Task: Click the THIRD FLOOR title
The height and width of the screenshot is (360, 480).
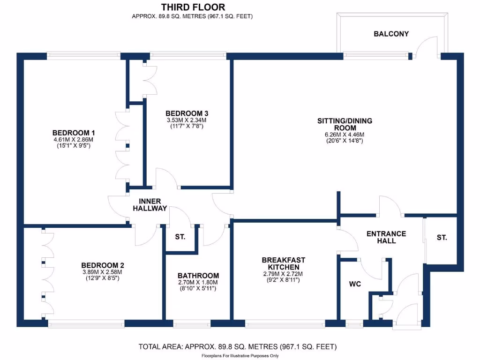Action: coord(193,7)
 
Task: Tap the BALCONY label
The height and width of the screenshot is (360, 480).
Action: coord(391,34)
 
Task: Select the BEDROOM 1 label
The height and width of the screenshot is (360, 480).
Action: coord(74,133)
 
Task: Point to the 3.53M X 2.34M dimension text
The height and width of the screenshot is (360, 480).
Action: coord(187,120)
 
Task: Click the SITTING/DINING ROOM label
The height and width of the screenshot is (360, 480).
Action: coord(345,124)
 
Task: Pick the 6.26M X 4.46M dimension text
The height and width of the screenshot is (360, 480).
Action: coord(345,135)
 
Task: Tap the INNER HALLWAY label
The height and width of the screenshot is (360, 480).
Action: coord(150,205)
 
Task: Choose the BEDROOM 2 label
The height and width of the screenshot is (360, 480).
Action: coord(103,265)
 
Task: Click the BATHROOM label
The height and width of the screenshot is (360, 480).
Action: coord(198,276)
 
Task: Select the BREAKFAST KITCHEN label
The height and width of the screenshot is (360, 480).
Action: coord(284,263)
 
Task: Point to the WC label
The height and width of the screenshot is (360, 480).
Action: coord(355,284)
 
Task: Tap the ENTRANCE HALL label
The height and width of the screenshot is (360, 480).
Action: coord(386,237)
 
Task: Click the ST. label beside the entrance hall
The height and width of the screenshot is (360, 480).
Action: coord(442,238)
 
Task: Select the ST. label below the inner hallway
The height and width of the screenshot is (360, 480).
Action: coord(180,237)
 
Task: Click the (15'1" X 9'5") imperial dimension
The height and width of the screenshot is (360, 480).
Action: coord(74,146)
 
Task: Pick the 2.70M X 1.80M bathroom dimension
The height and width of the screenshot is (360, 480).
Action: coord(198,283)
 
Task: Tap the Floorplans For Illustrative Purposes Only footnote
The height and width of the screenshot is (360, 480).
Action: coord(240,356)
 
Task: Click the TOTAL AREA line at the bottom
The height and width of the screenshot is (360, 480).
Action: coord(238,347)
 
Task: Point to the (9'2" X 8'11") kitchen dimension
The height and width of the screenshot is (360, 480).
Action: coord(283,280)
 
